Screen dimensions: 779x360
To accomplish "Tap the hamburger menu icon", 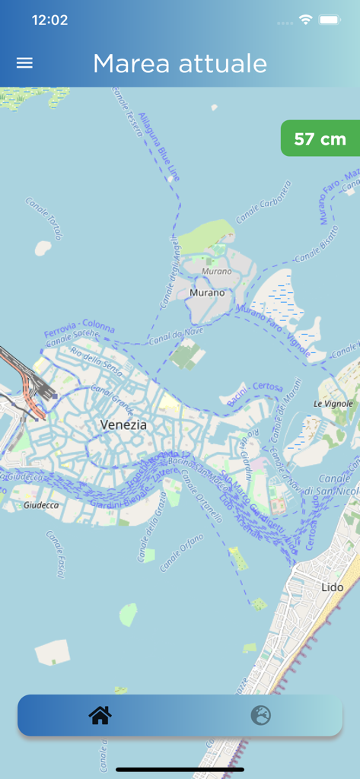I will pos(24,63).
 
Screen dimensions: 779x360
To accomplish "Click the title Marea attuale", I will pos(180,64).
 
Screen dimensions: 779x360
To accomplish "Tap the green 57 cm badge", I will pos(320,138).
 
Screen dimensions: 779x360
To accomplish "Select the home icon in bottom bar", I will pos(100,715).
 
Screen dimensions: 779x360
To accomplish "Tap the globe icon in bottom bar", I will pos(261,715).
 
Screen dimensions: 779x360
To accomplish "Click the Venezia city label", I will pos(123,424).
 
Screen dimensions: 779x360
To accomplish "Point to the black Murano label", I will pos(207,292).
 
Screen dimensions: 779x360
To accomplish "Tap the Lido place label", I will pos(333,588).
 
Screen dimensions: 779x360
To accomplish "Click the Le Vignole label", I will pos(333,403).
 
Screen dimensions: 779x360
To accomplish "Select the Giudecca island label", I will pos(41,504).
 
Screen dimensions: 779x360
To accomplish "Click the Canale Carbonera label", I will pos(263,202).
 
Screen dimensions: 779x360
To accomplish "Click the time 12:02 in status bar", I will pos(49,21).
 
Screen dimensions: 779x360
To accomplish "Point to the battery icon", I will pos(329,21).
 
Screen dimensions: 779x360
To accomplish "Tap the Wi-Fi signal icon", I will pos(305,21).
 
